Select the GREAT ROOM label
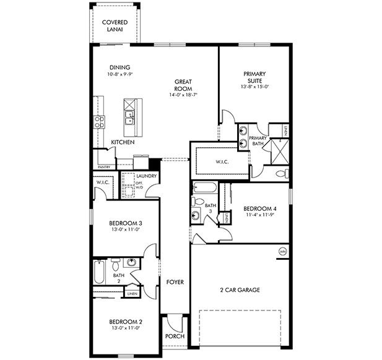point(185,84)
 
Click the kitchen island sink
point(130,116)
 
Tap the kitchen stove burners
point(98,122)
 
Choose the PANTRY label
point(104,166)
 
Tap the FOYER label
point(175,282)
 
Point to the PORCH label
point(175,336)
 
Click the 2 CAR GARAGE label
point(239,289)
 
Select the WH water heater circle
point(282,252)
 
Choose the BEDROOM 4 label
point(259,208)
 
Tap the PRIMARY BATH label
point(258,141)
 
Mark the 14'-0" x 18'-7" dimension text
point(185,95)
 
